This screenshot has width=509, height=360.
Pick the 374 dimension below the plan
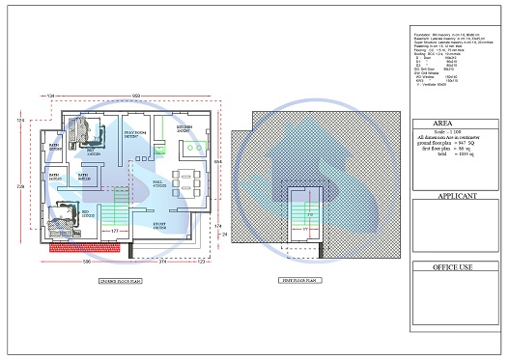click(162, 263)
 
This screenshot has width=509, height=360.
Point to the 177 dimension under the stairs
click(115, 232)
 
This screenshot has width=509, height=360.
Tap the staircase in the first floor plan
click(307, 217)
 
